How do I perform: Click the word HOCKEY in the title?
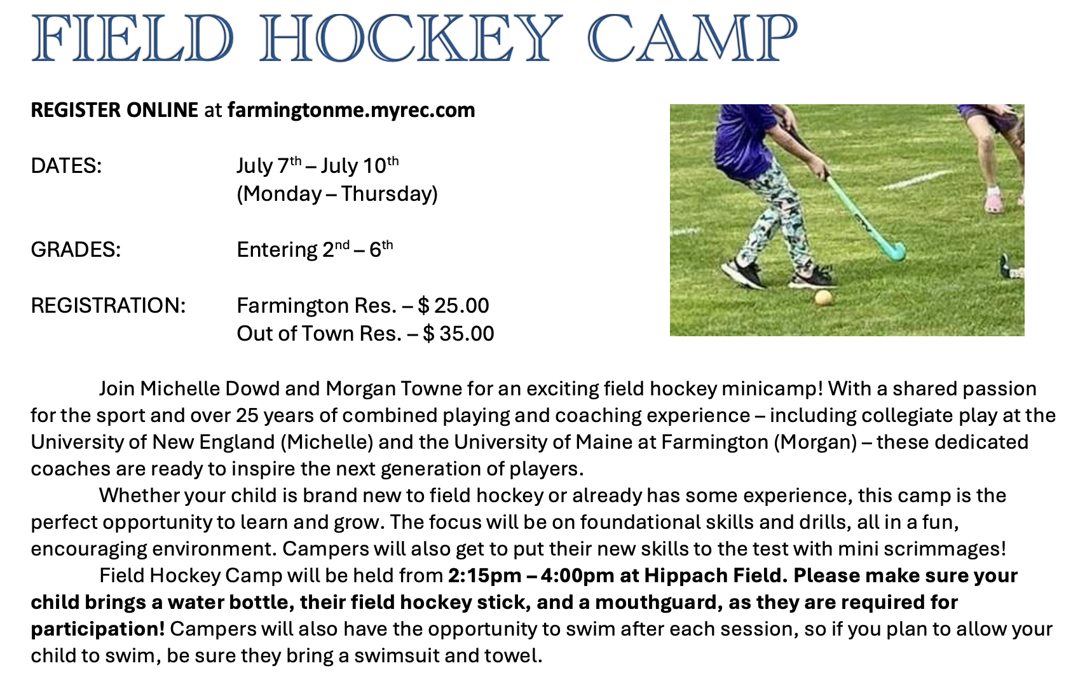click(x=411, y=38)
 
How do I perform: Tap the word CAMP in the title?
click(x=692, y=38)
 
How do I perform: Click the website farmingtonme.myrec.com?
click(x=351, y=111)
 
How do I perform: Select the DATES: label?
click(x=66, y=167)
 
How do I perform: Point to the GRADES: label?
click(x=76, y=250)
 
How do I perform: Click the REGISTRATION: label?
click(x=108, y=306)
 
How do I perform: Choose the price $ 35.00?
click(x=458, y=334)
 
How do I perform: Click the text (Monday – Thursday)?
click(x=338, y=194)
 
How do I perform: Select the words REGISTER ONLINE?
click(x=114, y=111)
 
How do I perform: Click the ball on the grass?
click(x=824, y=297)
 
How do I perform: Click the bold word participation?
click(x=98, y=629)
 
